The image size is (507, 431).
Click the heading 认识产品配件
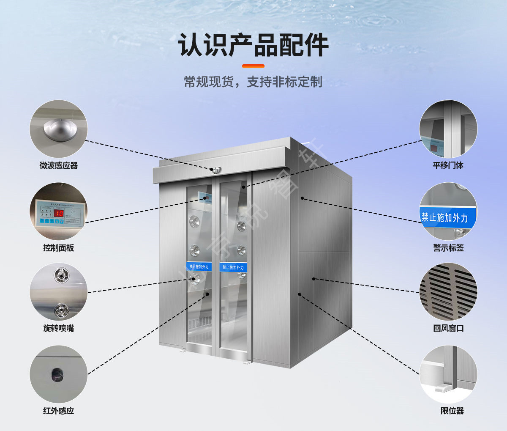(x=253, y=45)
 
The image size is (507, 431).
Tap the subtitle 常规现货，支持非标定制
(x=253, y=82)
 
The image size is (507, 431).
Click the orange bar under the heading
(x=253, y=66)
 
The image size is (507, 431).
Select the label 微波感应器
(x=59, y=165)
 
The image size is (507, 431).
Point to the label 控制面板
(x=59, y=248)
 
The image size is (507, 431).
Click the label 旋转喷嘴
(x=59, y=328)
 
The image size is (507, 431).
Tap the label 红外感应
(x=59, y=411)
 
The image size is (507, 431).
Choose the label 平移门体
(x=448, y=165)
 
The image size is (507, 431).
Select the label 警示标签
(x=448, y=248)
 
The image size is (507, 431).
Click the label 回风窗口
(x=448, y=328)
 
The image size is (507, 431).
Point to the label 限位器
(x=452, y=411)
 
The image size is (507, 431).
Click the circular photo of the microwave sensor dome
(x=59, y=129)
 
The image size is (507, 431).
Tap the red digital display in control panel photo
(x=58, y=213)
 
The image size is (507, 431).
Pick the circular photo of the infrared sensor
(x=59, y=374)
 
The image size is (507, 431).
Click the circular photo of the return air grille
(x=448, y=292)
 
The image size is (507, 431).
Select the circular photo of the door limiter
(x=448, y=374)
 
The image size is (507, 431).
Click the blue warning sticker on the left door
(x=199, y=266)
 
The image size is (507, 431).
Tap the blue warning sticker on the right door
(x=233, y=267)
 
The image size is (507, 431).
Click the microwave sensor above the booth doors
(x=216, y=170)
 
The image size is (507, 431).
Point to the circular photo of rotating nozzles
(x=59, y=292)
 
